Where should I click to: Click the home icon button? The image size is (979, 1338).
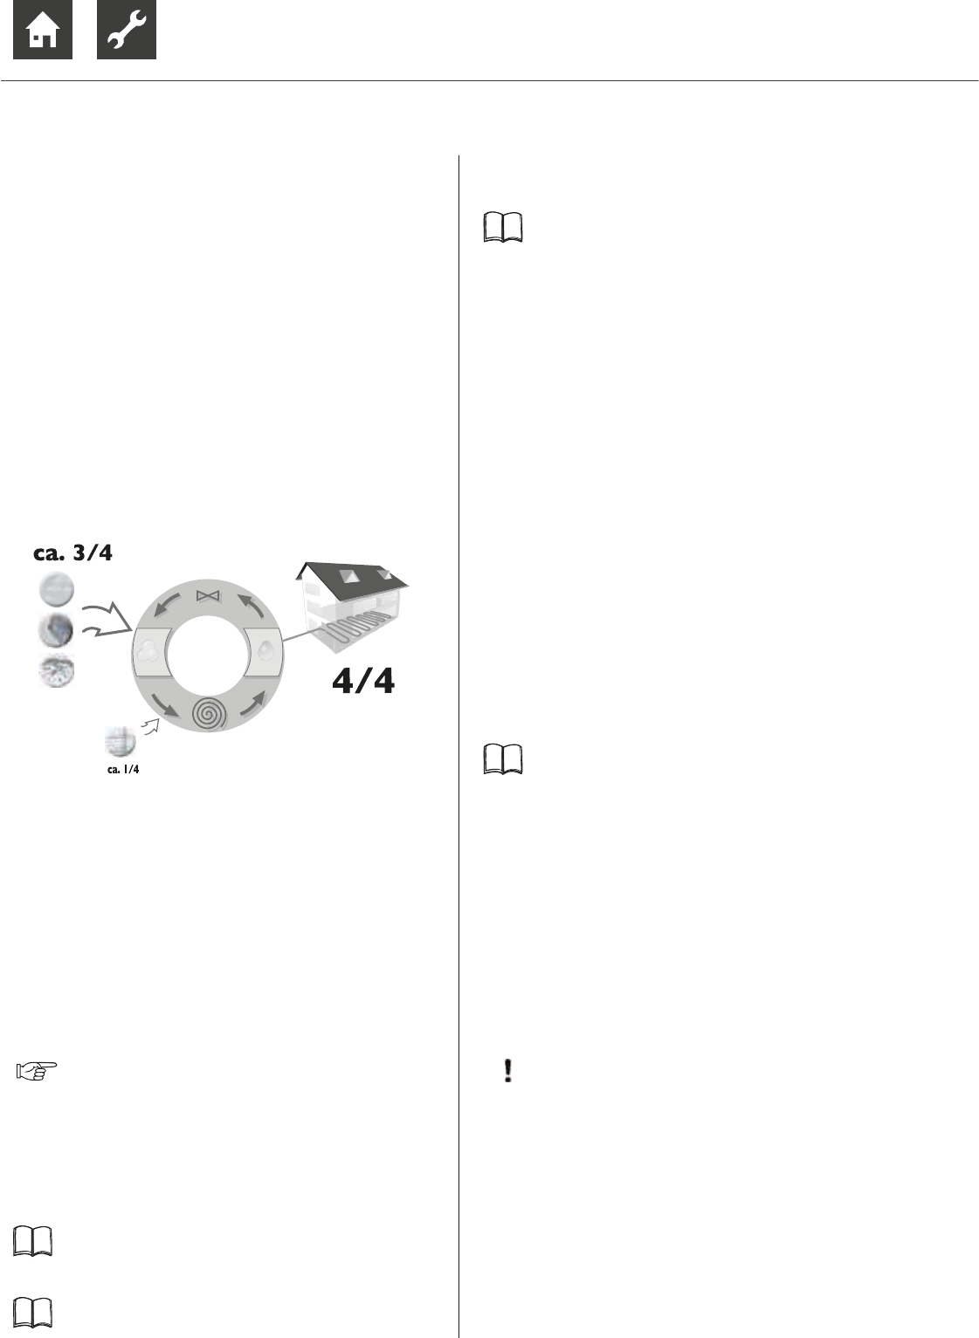click(x=43, y=30)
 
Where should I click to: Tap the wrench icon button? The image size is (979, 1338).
click(x=127, y=30)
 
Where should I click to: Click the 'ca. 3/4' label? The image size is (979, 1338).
click(x=72, y=552)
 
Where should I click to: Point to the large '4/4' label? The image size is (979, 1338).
click(x=363, y=681)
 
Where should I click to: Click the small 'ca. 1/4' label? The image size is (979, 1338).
click(x=123, y=769)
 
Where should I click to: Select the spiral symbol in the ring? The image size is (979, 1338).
click(x=210, y=713)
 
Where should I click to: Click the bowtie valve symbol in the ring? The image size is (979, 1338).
click(x=208, y=595)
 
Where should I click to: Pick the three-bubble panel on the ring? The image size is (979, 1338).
click(x=152, y=652)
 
